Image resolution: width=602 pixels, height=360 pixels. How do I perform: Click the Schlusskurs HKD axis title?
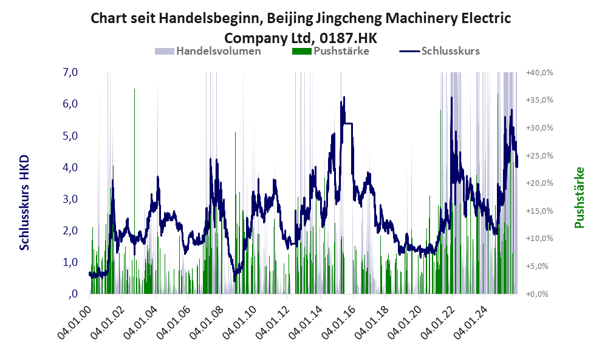pos(25,202)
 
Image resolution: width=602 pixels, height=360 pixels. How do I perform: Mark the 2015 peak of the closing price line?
pos(344,97)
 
